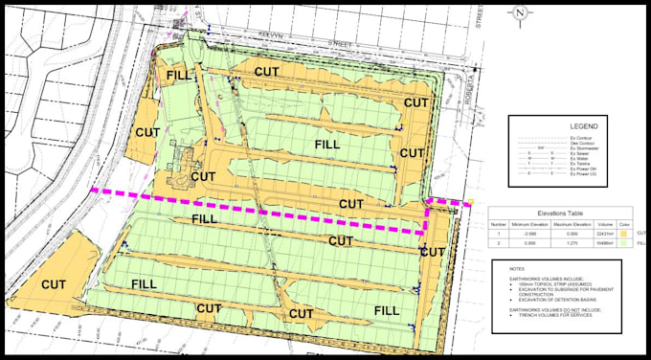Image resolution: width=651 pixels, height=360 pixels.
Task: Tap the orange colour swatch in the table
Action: coord(624,233)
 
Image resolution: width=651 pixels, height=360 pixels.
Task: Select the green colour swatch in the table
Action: coord(624,243)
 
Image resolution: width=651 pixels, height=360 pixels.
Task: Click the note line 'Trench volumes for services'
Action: coord(541,317)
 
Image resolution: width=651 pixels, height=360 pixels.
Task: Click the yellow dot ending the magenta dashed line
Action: coord(471,201)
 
